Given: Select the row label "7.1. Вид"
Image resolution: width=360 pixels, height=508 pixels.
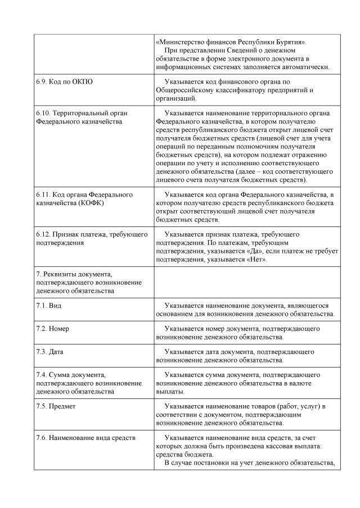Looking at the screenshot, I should tap(48, 305).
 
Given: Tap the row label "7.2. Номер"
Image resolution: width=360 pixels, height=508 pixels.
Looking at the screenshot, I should tap(53, 328).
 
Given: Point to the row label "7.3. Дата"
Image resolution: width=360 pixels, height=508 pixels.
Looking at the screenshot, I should tap(49, 352).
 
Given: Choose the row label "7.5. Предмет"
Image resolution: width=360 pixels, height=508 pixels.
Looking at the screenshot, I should tap(56, 406).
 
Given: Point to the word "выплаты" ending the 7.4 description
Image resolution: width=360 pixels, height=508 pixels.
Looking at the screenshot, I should tap(170, 392).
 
